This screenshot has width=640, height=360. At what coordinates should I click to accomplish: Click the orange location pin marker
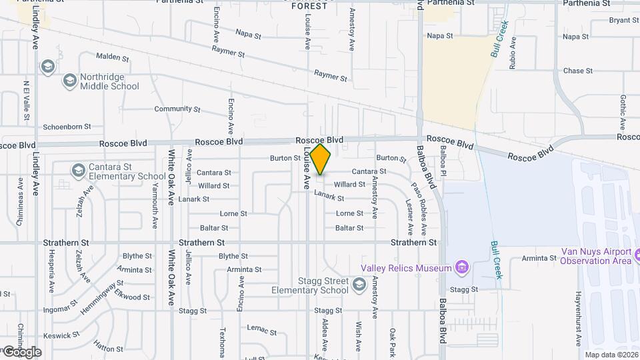[321, 159]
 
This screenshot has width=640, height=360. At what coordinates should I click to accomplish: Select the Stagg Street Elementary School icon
[359, 285]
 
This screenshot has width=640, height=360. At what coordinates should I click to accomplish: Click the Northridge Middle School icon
[69, 81]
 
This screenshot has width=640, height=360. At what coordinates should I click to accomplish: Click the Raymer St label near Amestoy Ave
[331, 77]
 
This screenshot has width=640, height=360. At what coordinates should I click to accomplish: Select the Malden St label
[111, 57]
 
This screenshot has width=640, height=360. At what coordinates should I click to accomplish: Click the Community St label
[177, 109]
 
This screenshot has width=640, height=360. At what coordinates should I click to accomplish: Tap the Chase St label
[577, 71]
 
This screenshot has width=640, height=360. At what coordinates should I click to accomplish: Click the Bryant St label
[624, 20]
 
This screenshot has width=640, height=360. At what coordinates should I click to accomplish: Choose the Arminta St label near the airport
[539, 258]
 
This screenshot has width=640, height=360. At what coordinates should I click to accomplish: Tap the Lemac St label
[261, 329]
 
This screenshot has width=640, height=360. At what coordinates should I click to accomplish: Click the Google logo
[21, 352]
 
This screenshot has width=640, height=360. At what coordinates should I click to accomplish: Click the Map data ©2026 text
[611, 355]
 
